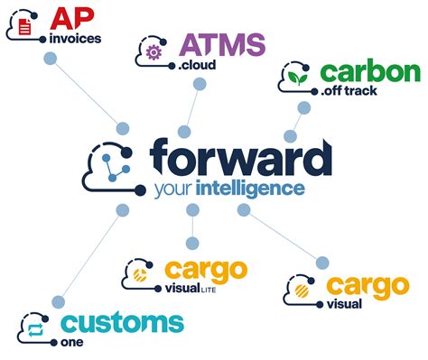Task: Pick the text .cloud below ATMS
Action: click(196, 67)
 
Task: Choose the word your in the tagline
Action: click(173, 190)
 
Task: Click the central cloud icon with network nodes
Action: click(111, 167)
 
